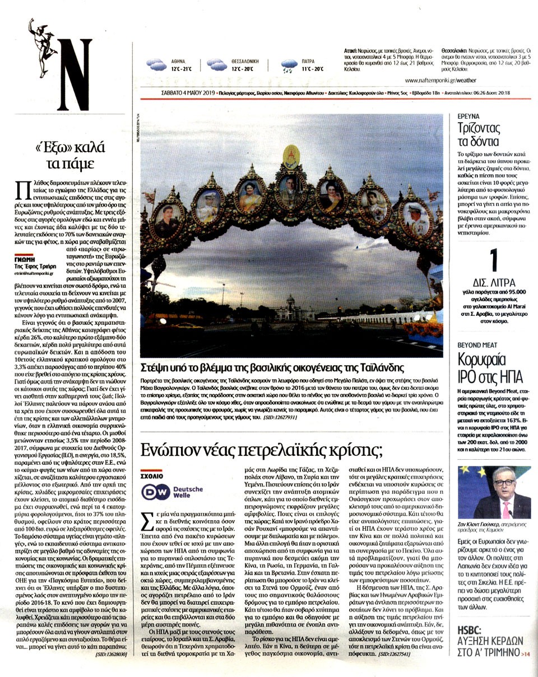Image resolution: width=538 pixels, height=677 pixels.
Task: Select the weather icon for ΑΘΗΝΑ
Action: [x=156, y=64]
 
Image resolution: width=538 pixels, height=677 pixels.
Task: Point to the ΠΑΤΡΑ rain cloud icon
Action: [x=290, y=66]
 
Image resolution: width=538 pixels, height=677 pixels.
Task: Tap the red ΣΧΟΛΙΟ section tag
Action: [x=151, y=475]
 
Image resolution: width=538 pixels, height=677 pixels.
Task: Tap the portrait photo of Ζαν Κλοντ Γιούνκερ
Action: [x=494, y=493]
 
